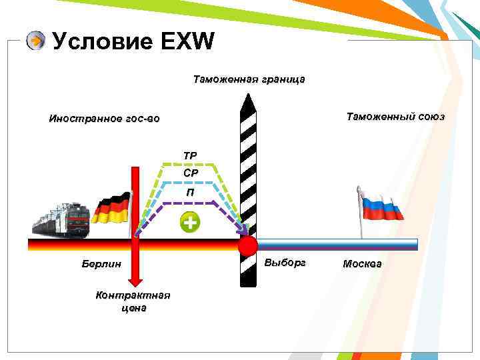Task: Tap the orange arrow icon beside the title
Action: coord(35,41)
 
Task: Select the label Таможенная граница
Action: coord(249,79)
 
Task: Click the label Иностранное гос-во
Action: coord(104,119)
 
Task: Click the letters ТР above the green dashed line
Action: coord(190,156)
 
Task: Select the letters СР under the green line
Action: coord(190,173)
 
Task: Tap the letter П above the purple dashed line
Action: coord(190,193)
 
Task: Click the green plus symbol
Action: coord(190,223)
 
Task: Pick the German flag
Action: coord(111,208)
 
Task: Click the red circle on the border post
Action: coord(247,246)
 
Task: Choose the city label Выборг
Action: coord(285,263)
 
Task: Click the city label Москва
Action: coord(362,264)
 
